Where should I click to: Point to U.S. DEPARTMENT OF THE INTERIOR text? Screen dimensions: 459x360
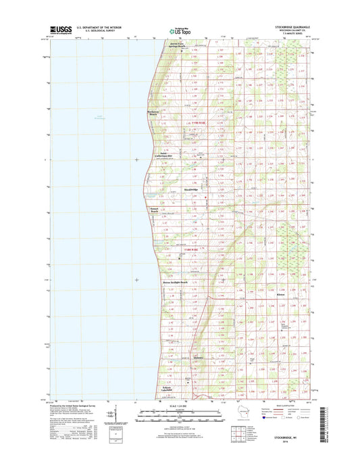[x=88, y=28]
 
